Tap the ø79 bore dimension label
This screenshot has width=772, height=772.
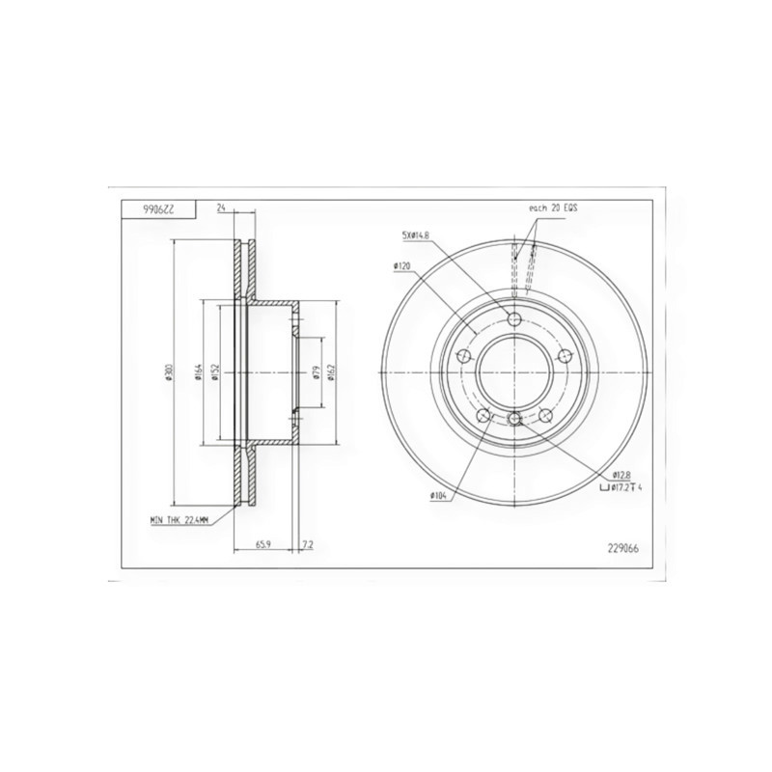click(x=317, y=372)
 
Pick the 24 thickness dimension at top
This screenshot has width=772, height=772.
click(x=221, y=208)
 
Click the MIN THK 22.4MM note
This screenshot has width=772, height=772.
click(x=180, y=520)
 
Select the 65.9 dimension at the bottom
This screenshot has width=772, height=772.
click(x=262, y=545)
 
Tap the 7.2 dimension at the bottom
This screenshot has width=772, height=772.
click(x=307, y=545)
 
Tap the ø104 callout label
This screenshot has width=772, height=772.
click(x=443, y=497)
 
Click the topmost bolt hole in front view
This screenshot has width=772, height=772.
click(x=513, y=319)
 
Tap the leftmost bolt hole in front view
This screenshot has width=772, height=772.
click(x=463, y=357)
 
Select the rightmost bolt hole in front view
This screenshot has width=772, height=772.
click(x=565, y=357)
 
